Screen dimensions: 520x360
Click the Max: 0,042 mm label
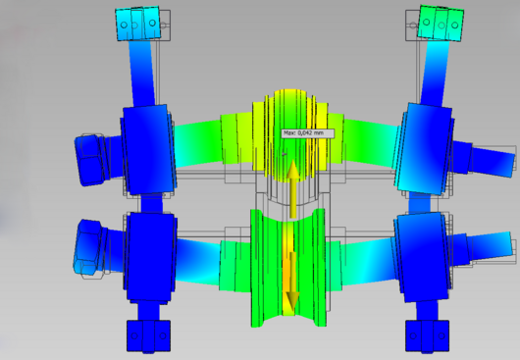pyautogui.click(x=308, y=133)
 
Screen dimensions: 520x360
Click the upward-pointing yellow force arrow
pyautogui.click(x=292, y=189)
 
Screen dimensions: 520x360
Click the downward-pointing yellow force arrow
pyautogui.click(x=292, y=282)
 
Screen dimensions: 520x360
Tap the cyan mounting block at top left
pyautogui.click(x=137, y=24)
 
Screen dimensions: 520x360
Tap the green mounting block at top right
pyautogui.click(x=442, y=23)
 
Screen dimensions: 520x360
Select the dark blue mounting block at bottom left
pyautogui.click(x=148, y=336)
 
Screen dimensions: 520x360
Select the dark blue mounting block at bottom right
pyautogui.click(x=427, y=335)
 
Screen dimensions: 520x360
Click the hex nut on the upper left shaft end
pyautogui.click(x=90, y=160)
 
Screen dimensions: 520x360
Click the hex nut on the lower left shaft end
pyautogui.click(x=89, y=247)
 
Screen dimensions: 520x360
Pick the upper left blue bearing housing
pyautogui.click(x=148, y=149)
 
